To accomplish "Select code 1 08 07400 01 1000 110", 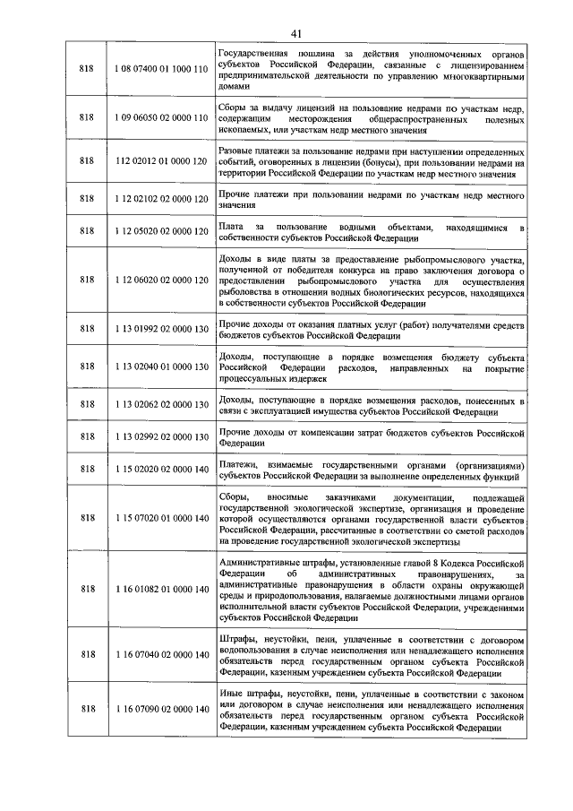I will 161,69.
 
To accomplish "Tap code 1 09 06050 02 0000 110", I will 161,118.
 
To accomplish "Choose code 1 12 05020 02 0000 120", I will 161,232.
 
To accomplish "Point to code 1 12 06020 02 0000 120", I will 161,280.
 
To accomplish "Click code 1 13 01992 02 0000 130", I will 161,330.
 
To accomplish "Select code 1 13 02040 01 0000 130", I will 161,367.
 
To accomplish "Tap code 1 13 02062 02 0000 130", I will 161,405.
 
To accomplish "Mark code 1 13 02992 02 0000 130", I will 161,436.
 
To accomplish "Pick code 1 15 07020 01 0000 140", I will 161,517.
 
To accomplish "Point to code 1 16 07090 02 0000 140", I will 161,710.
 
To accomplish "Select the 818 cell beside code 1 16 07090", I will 87,710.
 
